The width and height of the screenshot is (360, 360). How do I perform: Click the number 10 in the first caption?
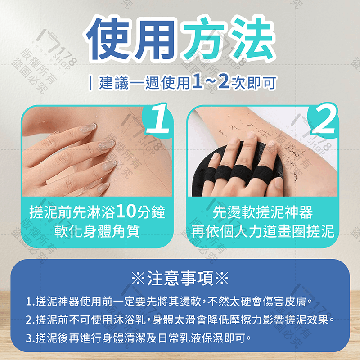(x=125, y=211)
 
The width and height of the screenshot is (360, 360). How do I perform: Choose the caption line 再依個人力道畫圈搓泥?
(x=262, y=231)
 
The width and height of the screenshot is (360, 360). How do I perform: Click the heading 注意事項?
(x=180, y=279)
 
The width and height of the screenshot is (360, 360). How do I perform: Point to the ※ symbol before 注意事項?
(x=137, y=279)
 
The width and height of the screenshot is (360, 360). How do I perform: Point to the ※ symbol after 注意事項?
(x=222, y=279)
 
